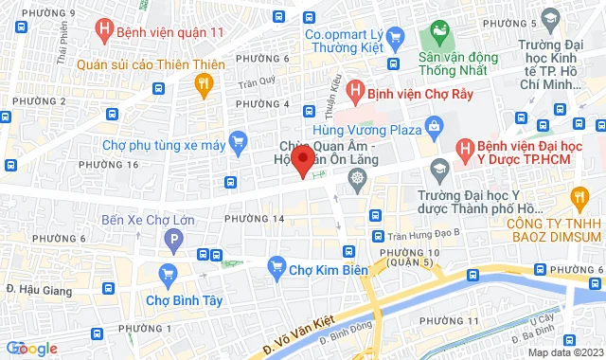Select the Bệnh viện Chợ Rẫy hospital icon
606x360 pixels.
(x=354, y=92)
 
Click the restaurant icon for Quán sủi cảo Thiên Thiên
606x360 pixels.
(x=202, y=83)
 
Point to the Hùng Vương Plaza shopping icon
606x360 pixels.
(x=435, y=125)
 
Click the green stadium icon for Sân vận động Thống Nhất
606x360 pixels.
(x=439, y=35)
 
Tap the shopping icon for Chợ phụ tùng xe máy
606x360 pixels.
(x=239, y=144)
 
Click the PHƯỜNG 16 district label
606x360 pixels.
(x=139, y=165)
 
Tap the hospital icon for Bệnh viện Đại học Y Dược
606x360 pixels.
(x=464, y=149)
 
